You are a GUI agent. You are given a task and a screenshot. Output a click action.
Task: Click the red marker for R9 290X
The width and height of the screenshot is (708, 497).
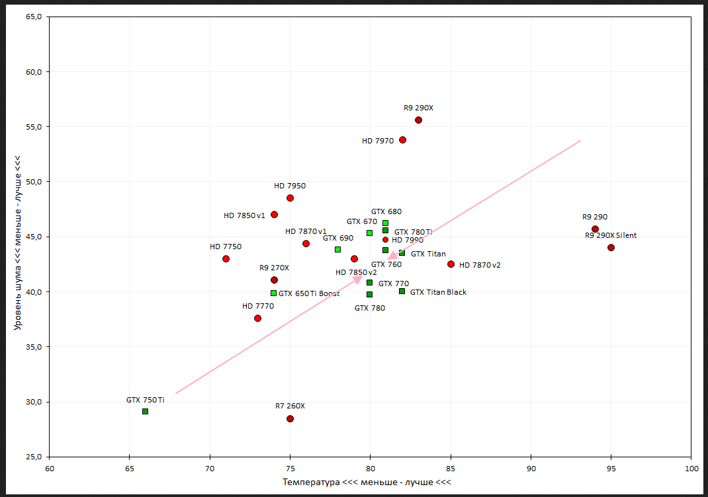[x=418, y=120]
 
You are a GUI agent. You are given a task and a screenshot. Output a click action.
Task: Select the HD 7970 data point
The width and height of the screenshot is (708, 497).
[x=402, y=139]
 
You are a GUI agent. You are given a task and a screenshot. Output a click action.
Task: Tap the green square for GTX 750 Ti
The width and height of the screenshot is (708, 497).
[x=145, y=411]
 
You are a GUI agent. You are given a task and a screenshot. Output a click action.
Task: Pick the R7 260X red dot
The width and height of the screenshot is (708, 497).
[x=290, y=418]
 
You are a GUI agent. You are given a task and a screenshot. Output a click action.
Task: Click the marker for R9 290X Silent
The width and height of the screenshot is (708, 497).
[x=611, y=247]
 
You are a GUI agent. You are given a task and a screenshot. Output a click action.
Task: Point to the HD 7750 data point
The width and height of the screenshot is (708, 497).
[x=226, y=258]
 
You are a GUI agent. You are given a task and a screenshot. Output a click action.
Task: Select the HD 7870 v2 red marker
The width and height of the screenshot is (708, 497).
[x=451, y=264]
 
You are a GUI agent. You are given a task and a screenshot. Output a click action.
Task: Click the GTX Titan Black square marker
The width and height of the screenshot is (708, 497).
[x=402, y=291]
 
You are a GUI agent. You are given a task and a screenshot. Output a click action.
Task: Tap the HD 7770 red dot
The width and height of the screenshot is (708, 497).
[x=257, y=318]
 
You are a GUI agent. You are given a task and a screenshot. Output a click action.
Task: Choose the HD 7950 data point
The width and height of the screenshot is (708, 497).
[x=290, y=198]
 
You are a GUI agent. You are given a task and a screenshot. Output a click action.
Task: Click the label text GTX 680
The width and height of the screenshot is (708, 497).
[x=386, y=212]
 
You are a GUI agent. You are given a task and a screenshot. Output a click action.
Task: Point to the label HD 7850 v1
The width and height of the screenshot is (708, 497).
[x=244, y=215]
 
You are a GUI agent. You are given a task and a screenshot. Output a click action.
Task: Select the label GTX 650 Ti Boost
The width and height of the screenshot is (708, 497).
[x=309, y=293]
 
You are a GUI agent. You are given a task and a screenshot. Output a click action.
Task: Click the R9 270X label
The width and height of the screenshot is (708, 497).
[x=274, y=268]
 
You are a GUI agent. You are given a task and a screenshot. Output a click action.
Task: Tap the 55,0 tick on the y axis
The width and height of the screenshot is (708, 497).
[x=34, y=127]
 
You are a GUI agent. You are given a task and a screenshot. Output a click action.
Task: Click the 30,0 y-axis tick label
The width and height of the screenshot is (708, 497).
[x=34, y=402]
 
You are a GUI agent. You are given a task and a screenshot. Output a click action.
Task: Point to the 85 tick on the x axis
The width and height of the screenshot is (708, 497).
[x=451, y=468]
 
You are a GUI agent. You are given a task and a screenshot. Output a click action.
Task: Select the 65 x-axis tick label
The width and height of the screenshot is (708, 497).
[x=130, y=468]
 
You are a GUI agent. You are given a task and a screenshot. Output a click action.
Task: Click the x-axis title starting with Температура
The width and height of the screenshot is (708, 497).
[x=367, y=482]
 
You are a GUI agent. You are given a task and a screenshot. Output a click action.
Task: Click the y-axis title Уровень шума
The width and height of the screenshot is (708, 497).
[x=18, y=243]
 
